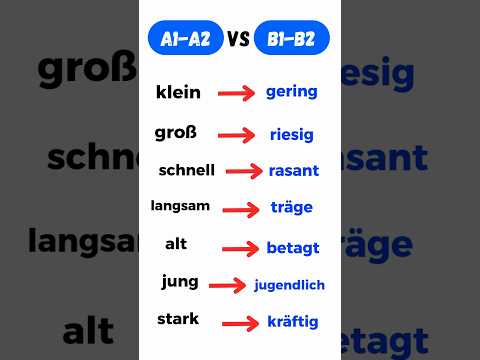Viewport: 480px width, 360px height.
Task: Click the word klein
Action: tap(179, 92)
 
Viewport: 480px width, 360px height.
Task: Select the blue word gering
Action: tap(291, 92)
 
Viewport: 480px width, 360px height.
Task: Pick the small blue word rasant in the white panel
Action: tap(294, 170)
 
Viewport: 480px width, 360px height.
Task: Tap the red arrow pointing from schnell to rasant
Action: tap(244, 171)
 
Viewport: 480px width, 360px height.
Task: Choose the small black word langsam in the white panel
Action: tap(180, 205)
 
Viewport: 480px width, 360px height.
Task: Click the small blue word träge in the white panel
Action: tap(291, 208)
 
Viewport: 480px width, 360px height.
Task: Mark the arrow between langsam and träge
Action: tap(241, 209)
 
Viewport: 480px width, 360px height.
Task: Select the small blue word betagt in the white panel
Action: tap(292, 246)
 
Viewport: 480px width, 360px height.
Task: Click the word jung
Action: tap(180, 281)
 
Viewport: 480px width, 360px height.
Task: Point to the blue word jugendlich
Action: tap(290, 285)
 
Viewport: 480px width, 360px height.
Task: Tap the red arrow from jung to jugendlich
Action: tap(226, 285)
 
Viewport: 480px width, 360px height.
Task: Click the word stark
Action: tap(178, 319)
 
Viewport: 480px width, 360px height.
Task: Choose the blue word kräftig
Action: tap(292, 322)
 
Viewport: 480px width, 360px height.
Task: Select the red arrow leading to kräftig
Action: tap(240, 323)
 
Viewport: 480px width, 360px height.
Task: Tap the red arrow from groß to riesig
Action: tap(239, 134)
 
